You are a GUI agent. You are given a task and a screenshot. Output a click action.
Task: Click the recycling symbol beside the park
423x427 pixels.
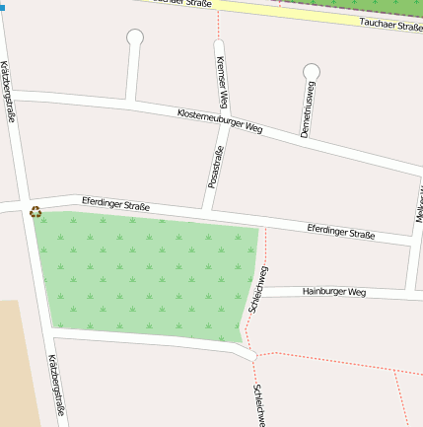tap(35, 211)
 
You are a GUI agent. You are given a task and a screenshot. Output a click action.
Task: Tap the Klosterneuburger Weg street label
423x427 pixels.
tap(220, 121)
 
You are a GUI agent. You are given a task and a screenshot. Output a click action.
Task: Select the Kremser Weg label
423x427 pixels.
tap(222, 82)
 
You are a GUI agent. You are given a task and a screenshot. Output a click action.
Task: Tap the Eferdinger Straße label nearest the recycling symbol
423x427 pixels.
tap(115, 206)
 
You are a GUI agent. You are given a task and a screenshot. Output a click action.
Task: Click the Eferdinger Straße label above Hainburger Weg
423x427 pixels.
tap(340, 232)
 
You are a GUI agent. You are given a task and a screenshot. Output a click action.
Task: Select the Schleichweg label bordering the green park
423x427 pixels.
tap(260, 289)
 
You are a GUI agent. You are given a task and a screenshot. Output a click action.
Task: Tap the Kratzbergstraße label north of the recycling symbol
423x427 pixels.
tap(8, 91)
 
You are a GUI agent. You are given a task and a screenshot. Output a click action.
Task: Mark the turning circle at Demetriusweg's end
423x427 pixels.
tap(312, 72)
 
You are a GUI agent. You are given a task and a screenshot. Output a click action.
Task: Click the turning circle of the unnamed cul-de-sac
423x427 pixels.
tap(135, 37)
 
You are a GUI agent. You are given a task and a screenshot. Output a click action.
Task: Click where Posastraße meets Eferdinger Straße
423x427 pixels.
tap(206, 211)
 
